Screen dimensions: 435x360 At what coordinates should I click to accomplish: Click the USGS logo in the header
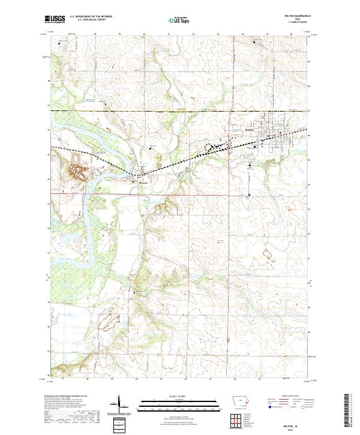[x=55, y=20]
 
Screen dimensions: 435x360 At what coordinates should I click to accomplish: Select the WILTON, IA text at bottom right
[x=296, y=424]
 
